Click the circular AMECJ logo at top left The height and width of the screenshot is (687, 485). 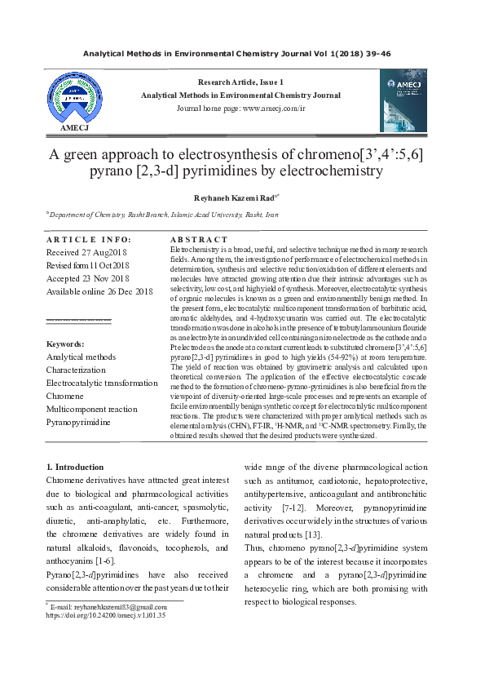pos(74,97)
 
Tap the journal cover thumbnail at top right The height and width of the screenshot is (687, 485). pos(403,100)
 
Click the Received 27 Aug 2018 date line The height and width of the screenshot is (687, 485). pos(88,252)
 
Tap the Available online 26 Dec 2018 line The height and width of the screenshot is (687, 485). pos(99,291)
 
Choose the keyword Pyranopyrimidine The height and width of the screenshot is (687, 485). pos(77,422)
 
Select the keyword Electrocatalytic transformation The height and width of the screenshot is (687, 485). pos(102,383)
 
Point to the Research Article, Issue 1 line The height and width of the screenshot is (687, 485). pos(240,82)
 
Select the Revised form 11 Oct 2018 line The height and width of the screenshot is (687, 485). pos(88,265)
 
